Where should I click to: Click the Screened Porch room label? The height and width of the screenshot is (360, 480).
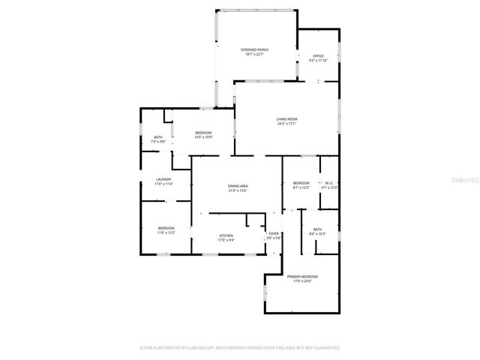(x=255, y=49)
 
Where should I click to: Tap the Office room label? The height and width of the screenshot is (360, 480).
(x=319, y=56)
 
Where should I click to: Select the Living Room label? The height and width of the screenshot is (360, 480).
(x=287, y=119)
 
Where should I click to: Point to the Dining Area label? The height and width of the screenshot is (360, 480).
(x=238, y=186)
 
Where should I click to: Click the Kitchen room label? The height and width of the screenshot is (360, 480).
(x=226, y=236)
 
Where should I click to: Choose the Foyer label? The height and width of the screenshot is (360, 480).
(x=274, y=234)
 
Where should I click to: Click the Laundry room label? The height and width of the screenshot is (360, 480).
(x=163, y=179)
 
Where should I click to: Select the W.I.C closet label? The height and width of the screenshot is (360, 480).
(x=328, y=183)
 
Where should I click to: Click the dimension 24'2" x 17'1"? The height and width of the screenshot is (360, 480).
(x=287, y=124)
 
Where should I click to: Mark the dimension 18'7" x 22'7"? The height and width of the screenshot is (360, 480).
(x=255, y=54)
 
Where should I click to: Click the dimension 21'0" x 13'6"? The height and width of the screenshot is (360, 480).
(x=238, y=190)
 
